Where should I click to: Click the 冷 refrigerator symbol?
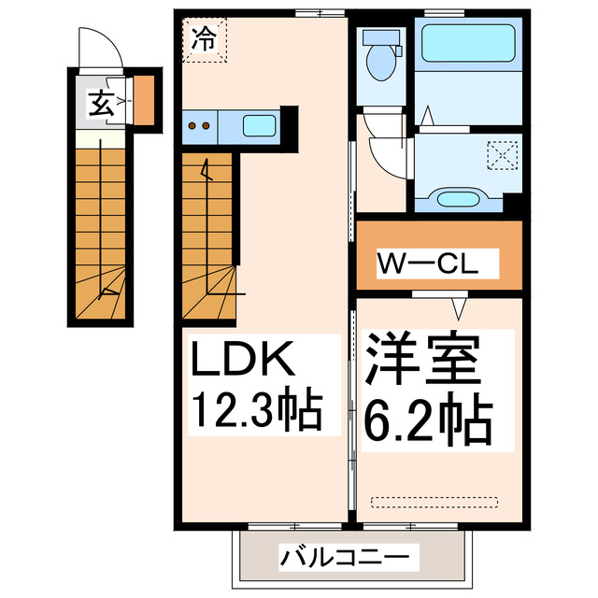[x=204, y=39]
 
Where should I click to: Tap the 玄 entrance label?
[x=100, y=103]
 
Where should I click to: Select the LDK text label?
[x=244, y=360]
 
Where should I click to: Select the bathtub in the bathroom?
[x=464, y=43]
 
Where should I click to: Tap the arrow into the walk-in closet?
[x=459, y=305]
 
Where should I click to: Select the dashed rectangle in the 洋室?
[x=435, y=502]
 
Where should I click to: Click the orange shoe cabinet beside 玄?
[x=144, y=102]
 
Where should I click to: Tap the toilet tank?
[x=381, y=38]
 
